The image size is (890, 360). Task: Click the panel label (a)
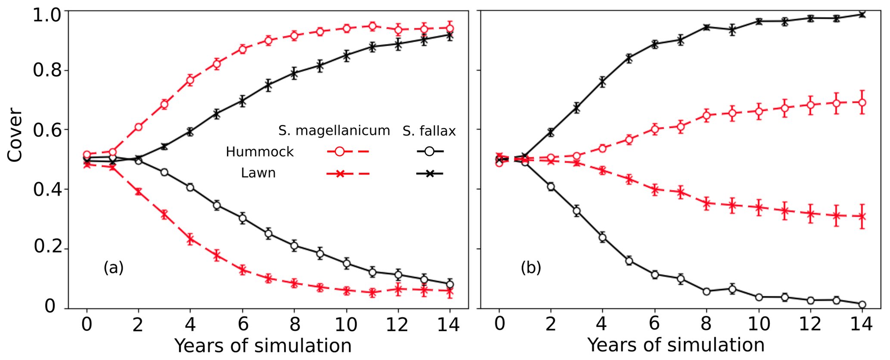[x=113, y=268]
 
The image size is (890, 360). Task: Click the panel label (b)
[x=530, y=268]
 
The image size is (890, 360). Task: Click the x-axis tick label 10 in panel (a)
[x=346, y=324]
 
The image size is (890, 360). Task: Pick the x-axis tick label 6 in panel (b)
[x=654, y=324]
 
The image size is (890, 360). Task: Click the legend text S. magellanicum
[x=334, y=130]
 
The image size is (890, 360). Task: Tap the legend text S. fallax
[x=429, y=130]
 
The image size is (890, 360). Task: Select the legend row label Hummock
[x=260, y=152]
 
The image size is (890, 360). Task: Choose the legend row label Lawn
[x=258, y=173]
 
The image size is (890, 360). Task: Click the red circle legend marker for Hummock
[x=339, y=152]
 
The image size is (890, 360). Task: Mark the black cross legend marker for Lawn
[x=429, y=174]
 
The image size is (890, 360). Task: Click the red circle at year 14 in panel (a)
[x=450, y=28]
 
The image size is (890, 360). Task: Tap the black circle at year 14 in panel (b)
[x=862, y=304]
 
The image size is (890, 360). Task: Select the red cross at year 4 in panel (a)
[x=190, y=239]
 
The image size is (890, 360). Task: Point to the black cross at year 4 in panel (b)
[x=602, y=82]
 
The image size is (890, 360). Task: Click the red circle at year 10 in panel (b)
[x=759, y=111]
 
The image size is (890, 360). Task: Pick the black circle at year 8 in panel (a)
[x=294, y=246]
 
